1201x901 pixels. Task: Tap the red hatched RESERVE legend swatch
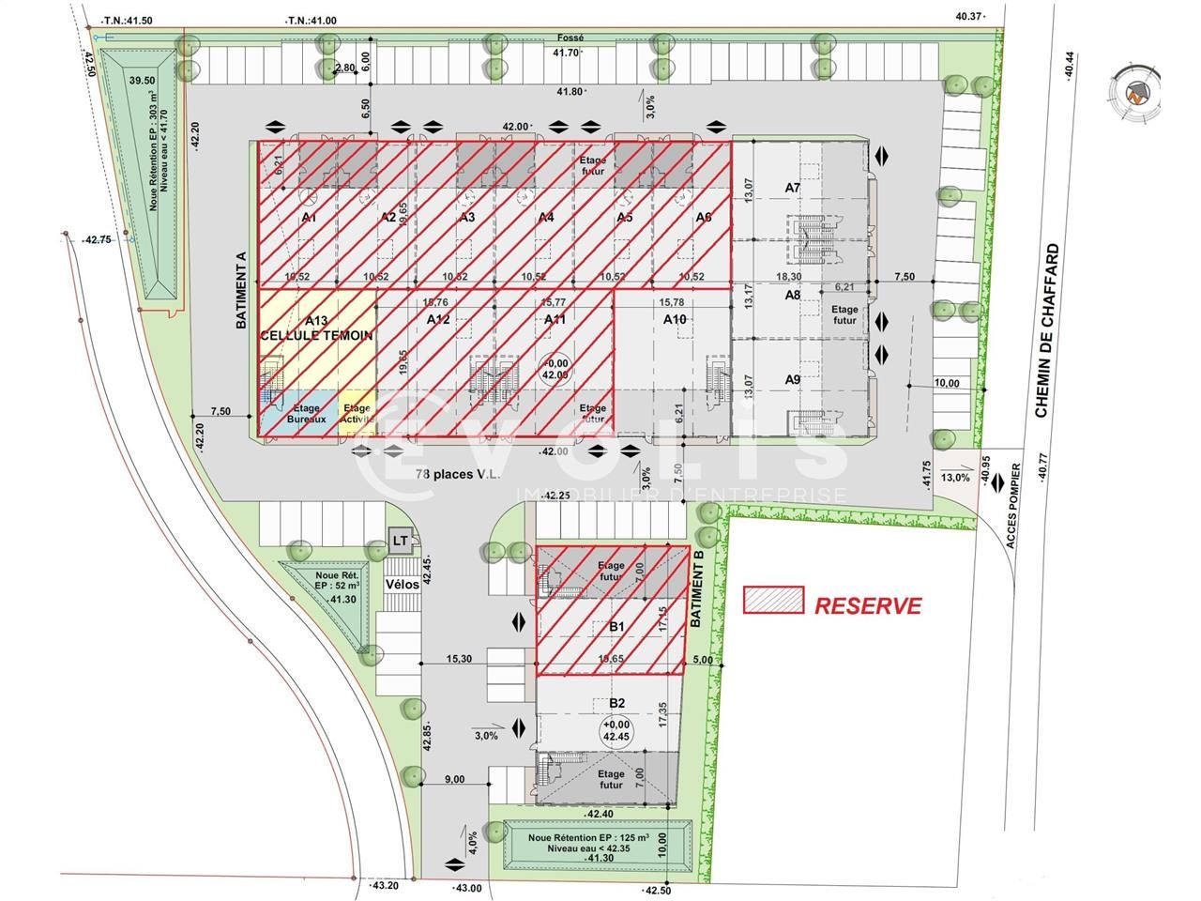pos(773,601)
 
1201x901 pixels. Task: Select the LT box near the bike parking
pos(401,540)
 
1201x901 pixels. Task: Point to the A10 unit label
pos(674,320)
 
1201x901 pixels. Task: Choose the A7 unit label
pos(793,188)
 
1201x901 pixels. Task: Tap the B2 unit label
pos(616,703)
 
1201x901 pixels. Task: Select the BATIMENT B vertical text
pos(696,588)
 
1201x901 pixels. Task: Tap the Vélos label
pos(401,583)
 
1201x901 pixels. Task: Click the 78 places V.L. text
pos(458,473)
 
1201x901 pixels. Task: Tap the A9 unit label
pos(793,379)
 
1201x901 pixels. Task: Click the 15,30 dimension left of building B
pos(460,659)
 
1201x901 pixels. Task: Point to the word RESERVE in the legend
pos(867,606)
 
